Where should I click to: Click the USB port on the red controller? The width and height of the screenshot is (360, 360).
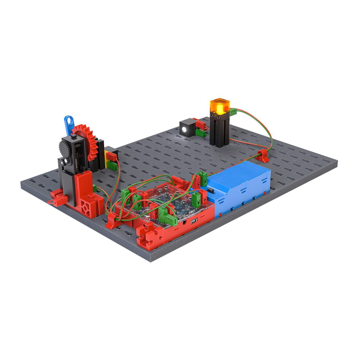click(194, 221)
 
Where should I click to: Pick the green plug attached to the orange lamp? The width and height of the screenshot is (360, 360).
click(232, 112)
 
